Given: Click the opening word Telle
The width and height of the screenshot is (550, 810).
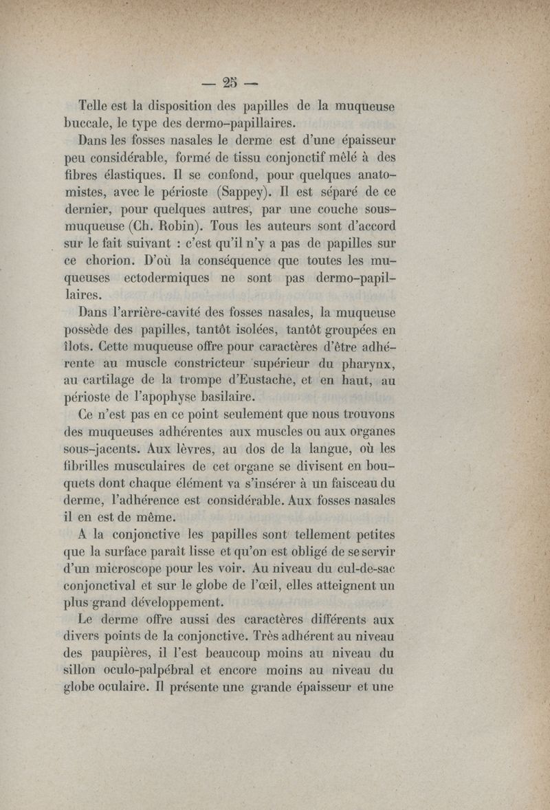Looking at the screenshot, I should (98, 108).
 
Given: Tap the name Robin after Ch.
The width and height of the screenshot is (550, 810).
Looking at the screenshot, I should (183, 225).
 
